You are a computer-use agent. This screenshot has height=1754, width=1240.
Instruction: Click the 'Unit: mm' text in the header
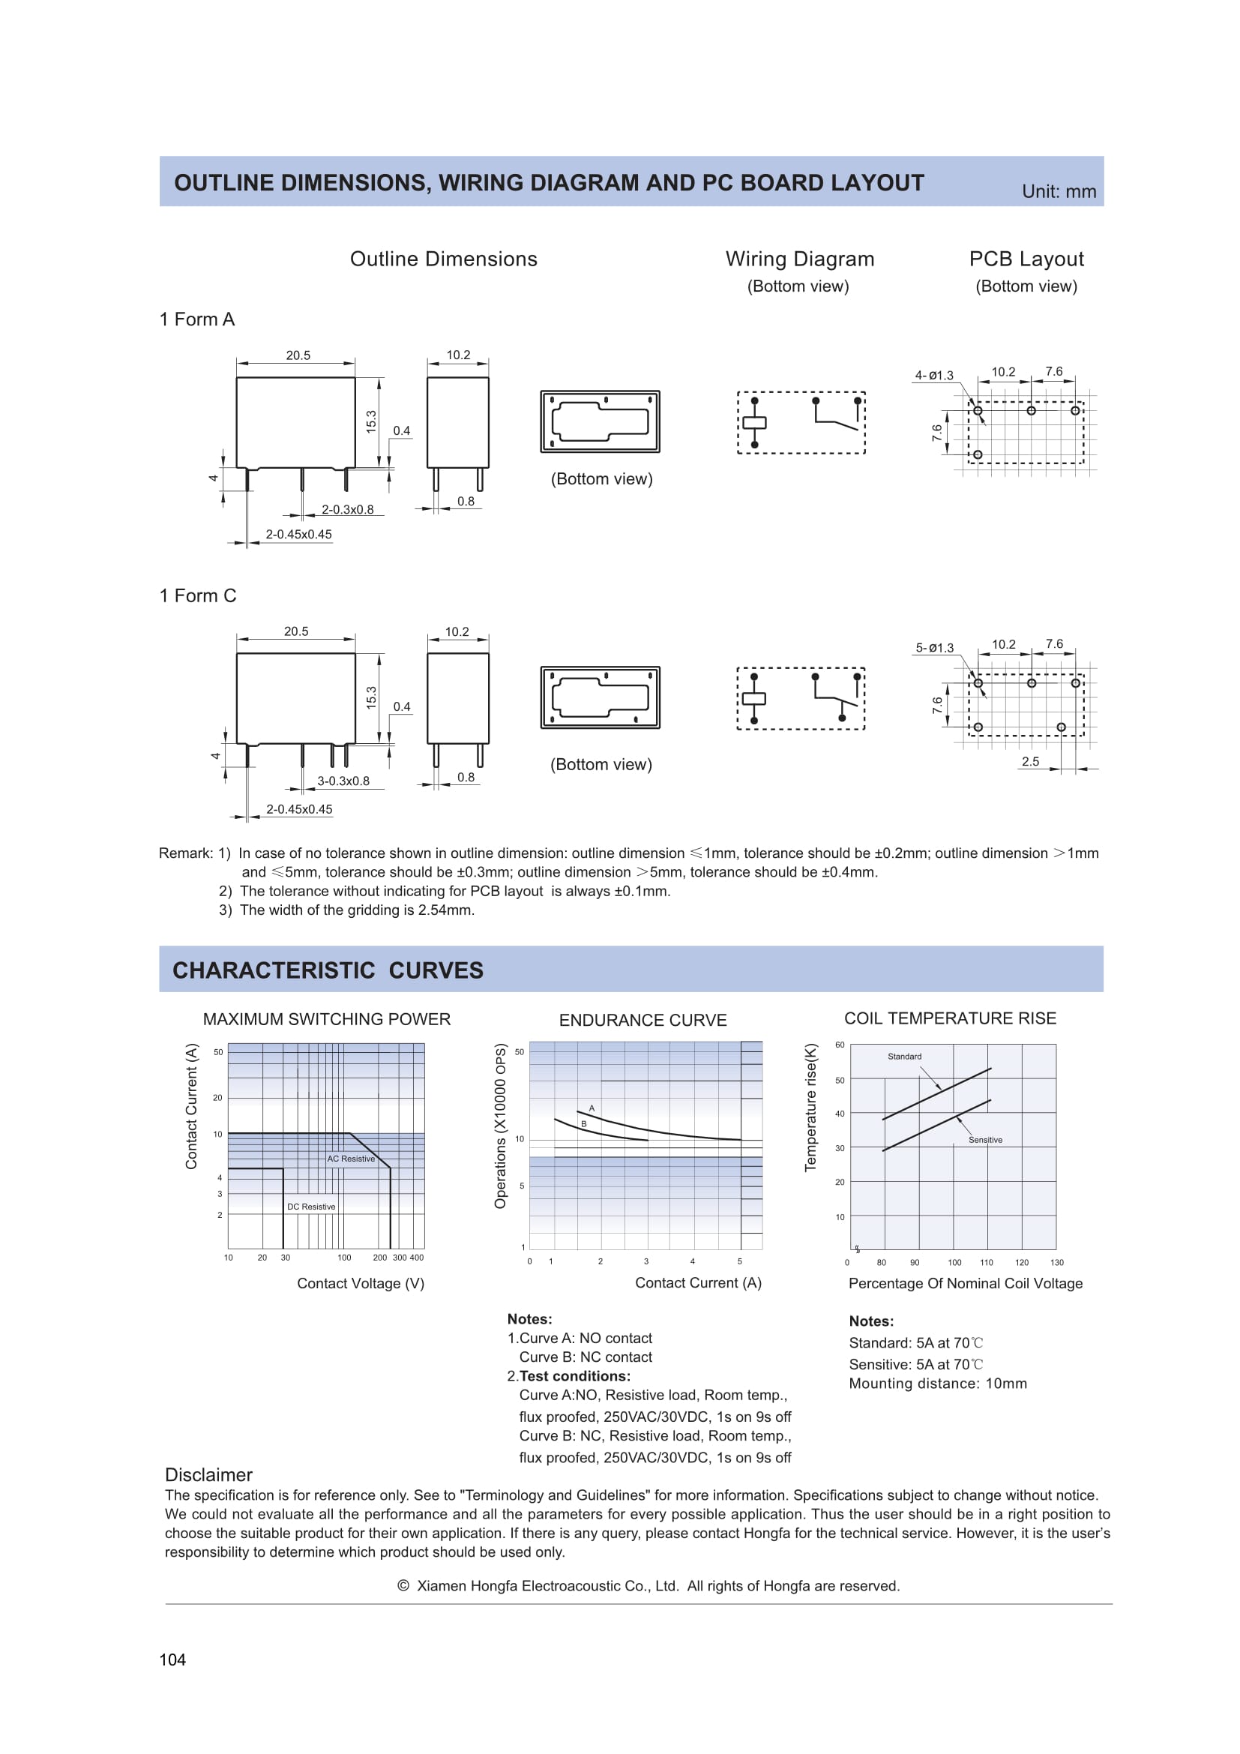coord(1059,192)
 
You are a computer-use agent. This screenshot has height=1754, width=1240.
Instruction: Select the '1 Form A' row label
coord(197,319)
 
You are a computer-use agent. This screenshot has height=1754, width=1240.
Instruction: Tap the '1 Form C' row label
coord(198,596)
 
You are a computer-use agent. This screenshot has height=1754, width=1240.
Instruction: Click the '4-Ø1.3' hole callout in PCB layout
coord(934,375)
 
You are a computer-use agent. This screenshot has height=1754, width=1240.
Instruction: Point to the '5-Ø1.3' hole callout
coord(935,648)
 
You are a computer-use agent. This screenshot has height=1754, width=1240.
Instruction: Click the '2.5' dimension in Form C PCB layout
coord(1030,762)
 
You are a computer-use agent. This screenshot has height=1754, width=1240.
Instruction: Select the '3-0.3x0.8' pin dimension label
coord(343,781)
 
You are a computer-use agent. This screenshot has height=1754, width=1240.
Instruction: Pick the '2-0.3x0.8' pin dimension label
coord(347,509)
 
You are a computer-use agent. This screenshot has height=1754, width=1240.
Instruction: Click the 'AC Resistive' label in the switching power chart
coord(351,1159)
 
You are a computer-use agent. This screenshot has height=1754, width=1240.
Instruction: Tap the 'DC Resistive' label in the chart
coord(311,1207)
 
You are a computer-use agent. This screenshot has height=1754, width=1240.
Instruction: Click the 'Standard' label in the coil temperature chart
coord(904,1057)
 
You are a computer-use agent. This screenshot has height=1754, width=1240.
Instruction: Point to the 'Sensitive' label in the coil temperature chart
coord(985,1140)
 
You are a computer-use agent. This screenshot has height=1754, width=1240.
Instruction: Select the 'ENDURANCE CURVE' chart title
coord(643,1020)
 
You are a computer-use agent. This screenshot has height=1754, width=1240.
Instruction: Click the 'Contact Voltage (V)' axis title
coord(361,1283)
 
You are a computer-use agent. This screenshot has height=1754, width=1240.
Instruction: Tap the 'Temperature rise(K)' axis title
coord(811,1107)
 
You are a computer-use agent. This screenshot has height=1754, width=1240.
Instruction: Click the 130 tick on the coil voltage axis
coord(1057,1263)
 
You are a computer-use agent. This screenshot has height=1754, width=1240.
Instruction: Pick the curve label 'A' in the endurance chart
coord(592,1108)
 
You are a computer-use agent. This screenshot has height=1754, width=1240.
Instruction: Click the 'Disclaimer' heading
coord(208,1475)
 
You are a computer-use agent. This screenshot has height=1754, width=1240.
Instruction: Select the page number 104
coord(172,1660)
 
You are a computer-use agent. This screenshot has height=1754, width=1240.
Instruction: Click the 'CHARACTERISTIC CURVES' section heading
coord(328,970)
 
